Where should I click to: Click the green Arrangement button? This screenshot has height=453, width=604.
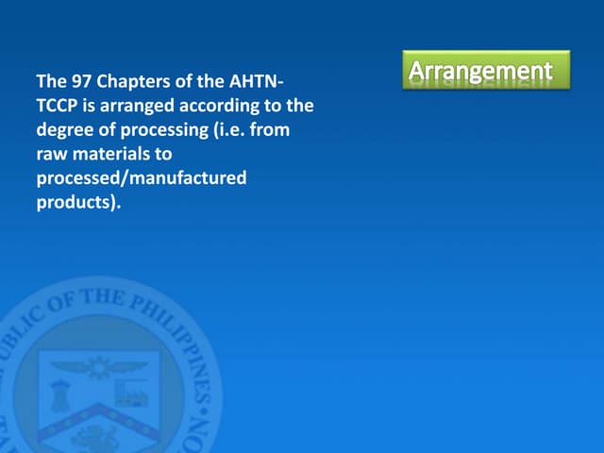pos(486,71)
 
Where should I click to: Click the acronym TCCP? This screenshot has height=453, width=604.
pos(57,105)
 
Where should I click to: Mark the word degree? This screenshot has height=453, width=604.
pos(65,129)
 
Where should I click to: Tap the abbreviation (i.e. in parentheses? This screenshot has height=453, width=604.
pos(231,129)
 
